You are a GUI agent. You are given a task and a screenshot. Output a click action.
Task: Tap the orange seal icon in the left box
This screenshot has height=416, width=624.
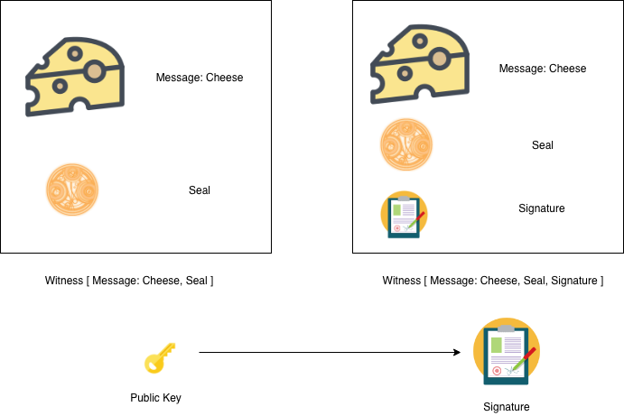click(x=72, y=190)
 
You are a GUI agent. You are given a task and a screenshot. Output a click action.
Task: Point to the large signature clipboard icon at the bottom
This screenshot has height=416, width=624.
click(x=506, y=354)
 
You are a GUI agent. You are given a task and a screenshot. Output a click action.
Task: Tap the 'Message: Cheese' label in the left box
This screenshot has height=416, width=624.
click(x=200, y=78)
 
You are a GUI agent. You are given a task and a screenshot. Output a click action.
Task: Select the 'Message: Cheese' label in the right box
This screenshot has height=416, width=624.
click(x=543, y=69)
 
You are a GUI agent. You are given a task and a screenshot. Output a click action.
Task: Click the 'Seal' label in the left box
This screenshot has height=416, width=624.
click(x=200, y=190)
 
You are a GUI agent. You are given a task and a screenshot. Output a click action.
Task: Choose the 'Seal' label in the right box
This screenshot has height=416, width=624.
click(x=543, y=145)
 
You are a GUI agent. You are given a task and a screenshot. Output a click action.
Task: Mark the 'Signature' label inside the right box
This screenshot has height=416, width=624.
click(x=542, y=208)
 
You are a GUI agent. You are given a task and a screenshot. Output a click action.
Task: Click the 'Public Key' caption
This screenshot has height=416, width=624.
click(x=156, y=397)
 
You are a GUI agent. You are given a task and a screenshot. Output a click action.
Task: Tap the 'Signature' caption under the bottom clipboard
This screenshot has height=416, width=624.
click(x=507, y=407)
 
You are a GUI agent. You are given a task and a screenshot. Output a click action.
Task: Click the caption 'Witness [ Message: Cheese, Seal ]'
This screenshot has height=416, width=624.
click(x=129, y=281)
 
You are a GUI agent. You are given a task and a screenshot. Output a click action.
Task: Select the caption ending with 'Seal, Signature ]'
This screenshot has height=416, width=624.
click(x=493, y=281)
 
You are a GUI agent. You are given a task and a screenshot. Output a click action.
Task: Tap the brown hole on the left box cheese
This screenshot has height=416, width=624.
click(x=95, y=69)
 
